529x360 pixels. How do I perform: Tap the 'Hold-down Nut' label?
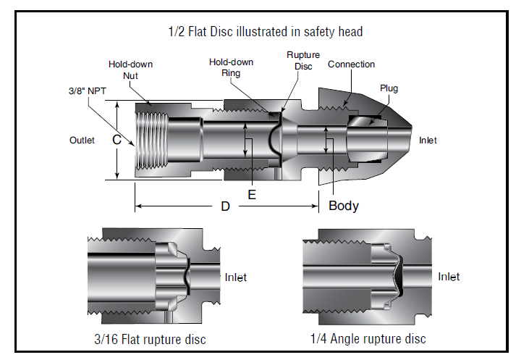pos(130,70)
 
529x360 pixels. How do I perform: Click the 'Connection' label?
pos(351,64)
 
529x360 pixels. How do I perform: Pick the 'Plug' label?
pos(389,88)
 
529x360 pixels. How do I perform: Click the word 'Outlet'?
pos(82,141)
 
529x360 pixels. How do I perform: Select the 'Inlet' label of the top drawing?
pos(428,141)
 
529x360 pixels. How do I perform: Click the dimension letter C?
pos(116,141)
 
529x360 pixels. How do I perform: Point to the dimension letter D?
pos(225,206)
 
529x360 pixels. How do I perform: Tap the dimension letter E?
pos(251,195)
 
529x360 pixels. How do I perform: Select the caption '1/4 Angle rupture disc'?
pos(368,339)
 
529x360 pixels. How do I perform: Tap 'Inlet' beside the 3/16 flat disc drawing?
pos(236,277)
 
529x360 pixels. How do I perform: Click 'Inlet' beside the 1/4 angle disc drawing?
pos(449,277)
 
